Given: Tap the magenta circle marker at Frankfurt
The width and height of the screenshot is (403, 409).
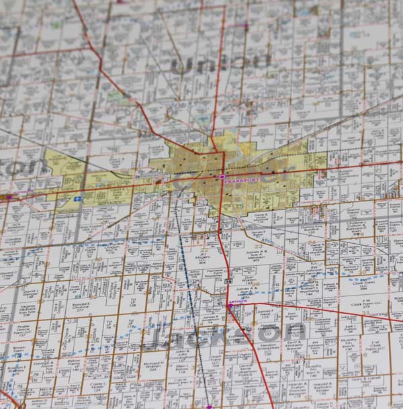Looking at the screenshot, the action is [223, 177].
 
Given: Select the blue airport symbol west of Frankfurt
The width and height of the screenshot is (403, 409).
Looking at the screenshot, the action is [79, 199].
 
